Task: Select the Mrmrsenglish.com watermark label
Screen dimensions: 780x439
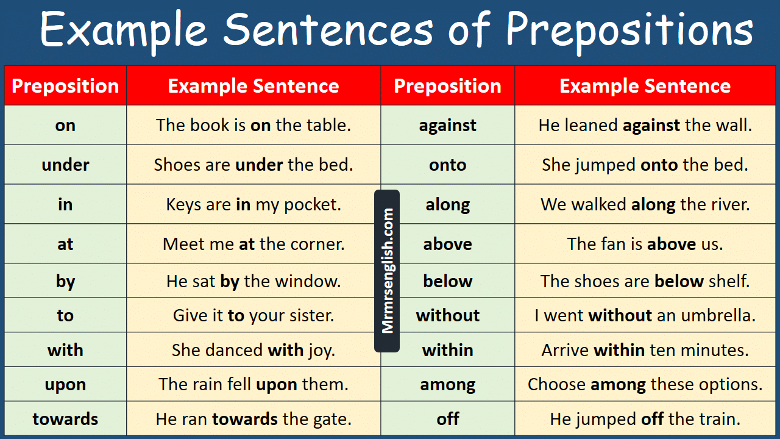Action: [x=387, y=271]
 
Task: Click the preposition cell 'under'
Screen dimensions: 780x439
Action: [x=65, y=165]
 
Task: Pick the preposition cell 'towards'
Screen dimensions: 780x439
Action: [x=65, y=418]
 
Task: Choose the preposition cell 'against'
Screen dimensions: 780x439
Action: [x=447, y=125]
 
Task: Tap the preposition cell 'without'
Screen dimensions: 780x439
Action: [x=447, y=315]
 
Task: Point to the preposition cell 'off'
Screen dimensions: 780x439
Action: [x=447, y=418]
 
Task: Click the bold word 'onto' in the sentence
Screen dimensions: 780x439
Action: [x=659, y=165]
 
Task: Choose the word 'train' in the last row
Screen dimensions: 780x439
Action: [x=722, y=419]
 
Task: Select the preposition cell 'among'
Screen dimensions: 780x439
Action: [x=447, y=384]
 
